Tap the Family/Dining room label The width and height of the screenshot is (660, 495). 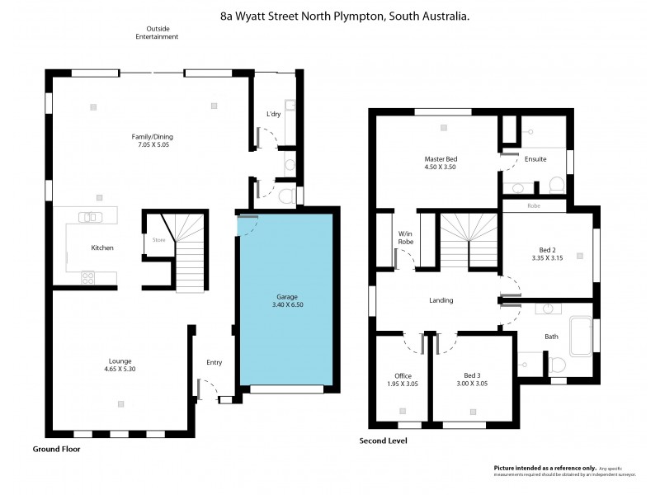pyautogui.click(x=153, y=137)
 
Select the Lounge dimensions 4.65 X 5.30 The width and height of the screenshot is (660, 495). pyautogui.click(x=120, y=369)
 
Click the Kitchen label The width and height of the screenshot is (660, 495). pyautogui.click(x=102, y=247)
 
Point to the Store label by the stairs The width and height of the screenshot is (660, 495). pyautogui.click(x=159, y=241)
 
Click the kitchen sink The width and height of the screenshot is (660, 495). pyautogui.click(x=88, y=218)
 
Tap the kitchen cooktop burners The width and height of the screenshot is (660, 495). pyautogui.click(x=88, y=278)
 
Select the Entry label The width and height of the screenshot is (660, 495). pyautogui.click(x=214, y=362)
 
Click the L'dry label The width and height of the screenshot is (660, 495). pyautogui.click(x=273, y=115)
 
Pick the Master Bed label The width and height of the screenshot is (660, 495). pyautogui.click(x=441, y=158)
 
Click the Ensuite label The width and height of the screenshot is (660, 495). pyautogui.click(x=535, y=159)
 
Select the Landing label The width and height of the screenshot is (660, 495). pyautogui.click(x=441, y=300)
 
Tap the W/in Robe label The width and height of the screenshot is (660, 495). pyautogui.click(x=405, y=237)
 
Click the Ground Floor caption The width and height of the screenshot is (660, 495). pyautogui.click(x=56, y=449)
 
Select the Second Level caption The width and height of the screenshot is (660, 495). pyautogui.click(x=383, y=441)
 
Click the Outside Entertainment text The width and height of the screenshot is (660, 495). pyautogui.click(x=157, y=32)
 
